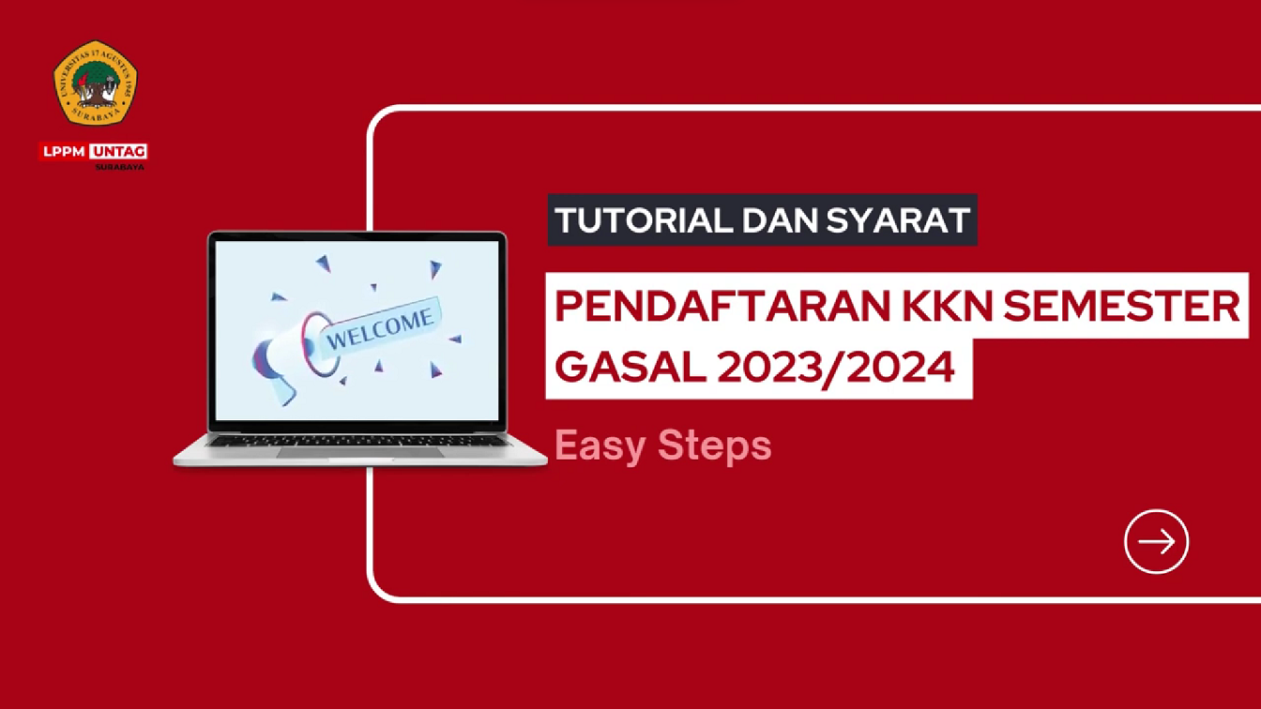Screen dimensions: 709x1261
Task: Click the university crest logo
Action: [x=95, y=83]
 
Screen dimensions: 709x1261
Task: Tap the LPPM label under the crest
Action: [x=64, y=151]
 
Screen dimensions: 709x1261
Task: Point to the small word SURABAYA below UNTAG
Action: [x=120, y=167]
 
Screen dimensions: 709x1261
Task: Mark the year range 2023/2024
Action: [x=836, y=367]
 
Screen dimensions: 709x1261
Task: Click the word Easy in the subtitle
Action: [x=600, y=445]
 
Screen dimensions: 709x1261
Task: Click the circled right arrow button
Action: [x=1156, y=541]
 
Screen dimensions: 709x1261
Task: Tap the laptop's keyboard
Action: [x=357, y=439]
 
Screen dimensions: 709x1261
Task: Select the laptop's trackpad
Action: [x=359, y=452]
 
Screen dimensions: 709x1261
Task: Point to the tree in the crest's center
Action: [x=95, y=80]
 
